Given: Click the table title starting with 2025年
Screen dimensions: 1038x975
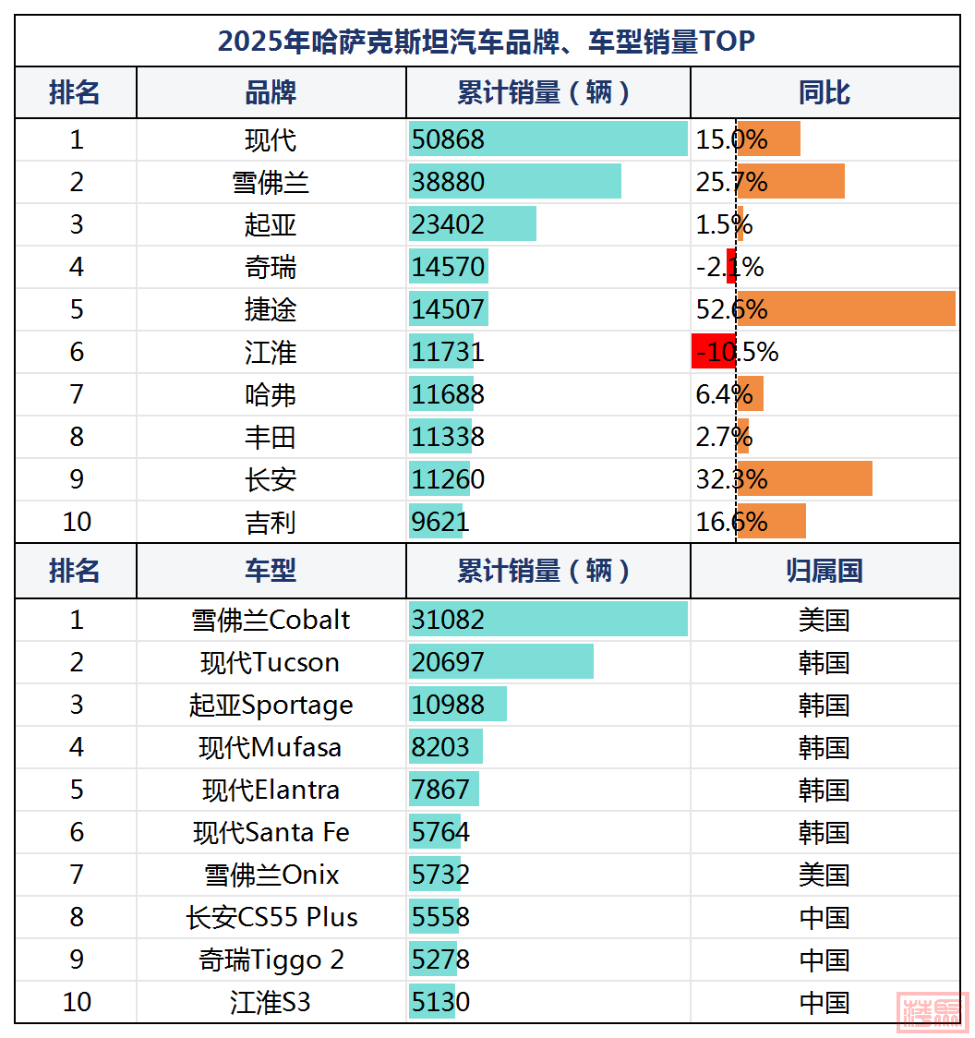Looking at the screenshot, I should [487, 42].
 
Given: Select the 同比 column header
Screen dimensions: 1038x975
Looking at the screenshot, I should [824, 92].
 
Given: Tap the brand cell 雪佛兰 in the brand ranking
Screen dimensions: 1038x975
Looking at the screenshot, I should [271, 182].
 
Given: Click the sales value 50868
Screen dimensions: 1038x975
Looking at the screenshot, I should [449, 139].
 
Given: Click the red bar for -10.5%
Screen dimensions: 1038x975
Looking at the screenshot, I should [713, 352].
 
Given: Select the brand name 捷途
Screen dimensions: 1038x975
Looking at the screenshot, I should [271, 309].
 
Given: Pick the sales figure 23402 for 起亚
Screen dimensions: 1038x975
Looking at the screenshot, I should [449, 224].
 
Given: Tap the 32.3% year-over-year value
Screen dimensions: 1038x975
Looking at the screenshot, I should [731, 479].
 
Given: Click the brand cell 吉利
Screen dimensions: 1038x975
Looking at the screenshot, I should [271, 522].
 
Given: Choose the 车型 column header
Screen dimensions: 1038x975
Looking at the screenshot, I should [271, 571].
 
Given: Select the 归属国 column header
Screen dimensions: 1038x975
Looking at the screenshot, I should [824, 571].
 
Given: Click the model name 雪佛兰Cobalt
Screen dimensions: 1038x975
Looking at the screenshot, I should [271, 620].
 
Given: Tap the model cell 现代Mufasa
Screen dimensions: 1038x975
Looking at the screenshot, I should [271, 747].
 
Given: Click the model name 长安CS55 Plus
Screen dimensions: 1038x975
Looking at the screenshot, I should [271, 917].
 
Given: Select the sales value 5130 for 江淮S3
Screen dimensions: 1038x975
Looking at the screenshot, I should [441, 1002].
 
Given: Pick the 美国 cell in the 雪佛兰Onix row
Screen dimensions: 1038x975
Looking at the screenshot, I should [824, 875].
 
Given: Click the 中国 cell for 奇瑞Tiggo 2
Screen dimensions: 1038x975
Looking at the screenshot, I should [824, 960].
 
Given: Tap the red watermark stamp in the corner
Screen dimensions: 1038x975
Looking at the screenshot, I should [933, 1011].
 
